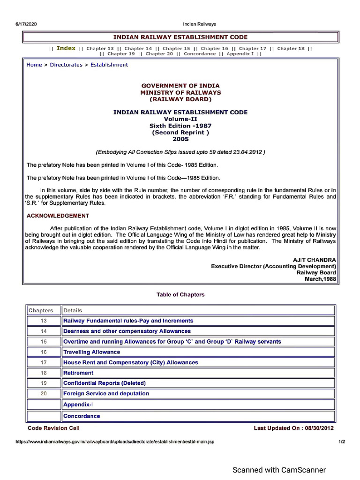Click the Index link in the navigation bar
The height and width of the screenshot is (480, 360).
[x=66, y=48]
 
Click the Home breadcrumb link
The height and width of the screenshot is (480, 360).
[x=34, y=65]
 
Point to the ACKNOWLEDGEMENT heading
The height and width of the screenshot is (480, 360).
[x=58, y=216]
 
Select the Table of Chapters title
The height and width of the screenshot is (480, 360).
[x=180, y=294]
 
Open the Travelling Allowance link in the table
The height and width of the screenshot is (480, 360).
[x=92, y=352]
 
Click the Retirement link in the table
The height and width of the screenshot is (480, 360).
[x=78, y=373]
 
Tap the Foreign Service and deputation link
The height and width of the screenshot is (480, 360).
[x=106, y=393]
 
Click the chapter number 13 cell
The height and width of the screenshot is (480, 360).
[x=44, y=321]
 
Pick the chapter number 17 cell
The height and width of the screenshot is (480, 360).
[x=44, y=362]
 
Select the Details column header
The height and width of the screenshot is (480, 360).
[x=73, y=310]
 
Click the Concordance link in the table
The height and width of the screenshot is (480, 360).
[x=82, y=416]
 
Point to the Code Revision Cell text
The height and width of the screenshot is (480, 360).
[x=53, y=428]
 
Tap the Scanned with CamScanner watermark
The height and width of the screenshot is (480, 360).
[x=279, y=470]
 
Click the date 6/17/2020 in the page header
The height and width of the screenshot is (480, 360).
[x=26, y=24]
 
